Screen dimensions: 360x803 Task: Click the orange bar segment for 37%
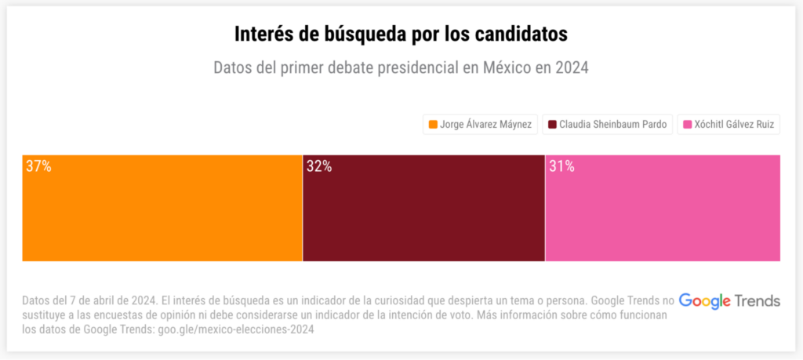point(162,208)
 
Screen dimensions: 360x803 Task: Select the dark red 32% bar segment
point(423,208)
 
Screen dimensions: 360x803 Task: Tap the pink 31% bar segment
point(663,208)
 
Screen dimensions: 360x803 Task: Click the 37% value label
point(38,166)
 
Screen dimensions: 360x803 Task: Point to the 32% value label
point(319,166)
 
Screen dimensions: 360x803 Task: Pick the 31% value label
point(561,166)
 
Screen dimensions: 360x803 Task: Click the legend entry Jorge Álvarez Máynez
point(480,124)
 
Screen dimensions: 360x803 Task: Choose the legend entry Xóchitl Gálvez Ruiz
point(729,124)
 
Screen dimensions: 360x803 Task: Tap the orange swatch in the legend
point(432,124)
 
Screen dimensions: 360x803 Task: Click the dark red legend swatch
point(552,124)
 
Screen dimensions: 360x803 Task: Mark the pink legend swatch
point(688,124)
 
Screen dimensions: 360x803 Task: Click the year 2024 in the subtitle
point(571,68)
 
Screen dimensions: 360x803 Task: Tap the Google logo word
point(704,300)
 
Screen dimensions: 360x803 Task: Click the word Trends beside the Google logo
point(758,300)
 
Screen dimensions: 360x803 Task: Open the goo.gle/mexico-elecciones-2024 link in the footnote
point(235,329)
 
